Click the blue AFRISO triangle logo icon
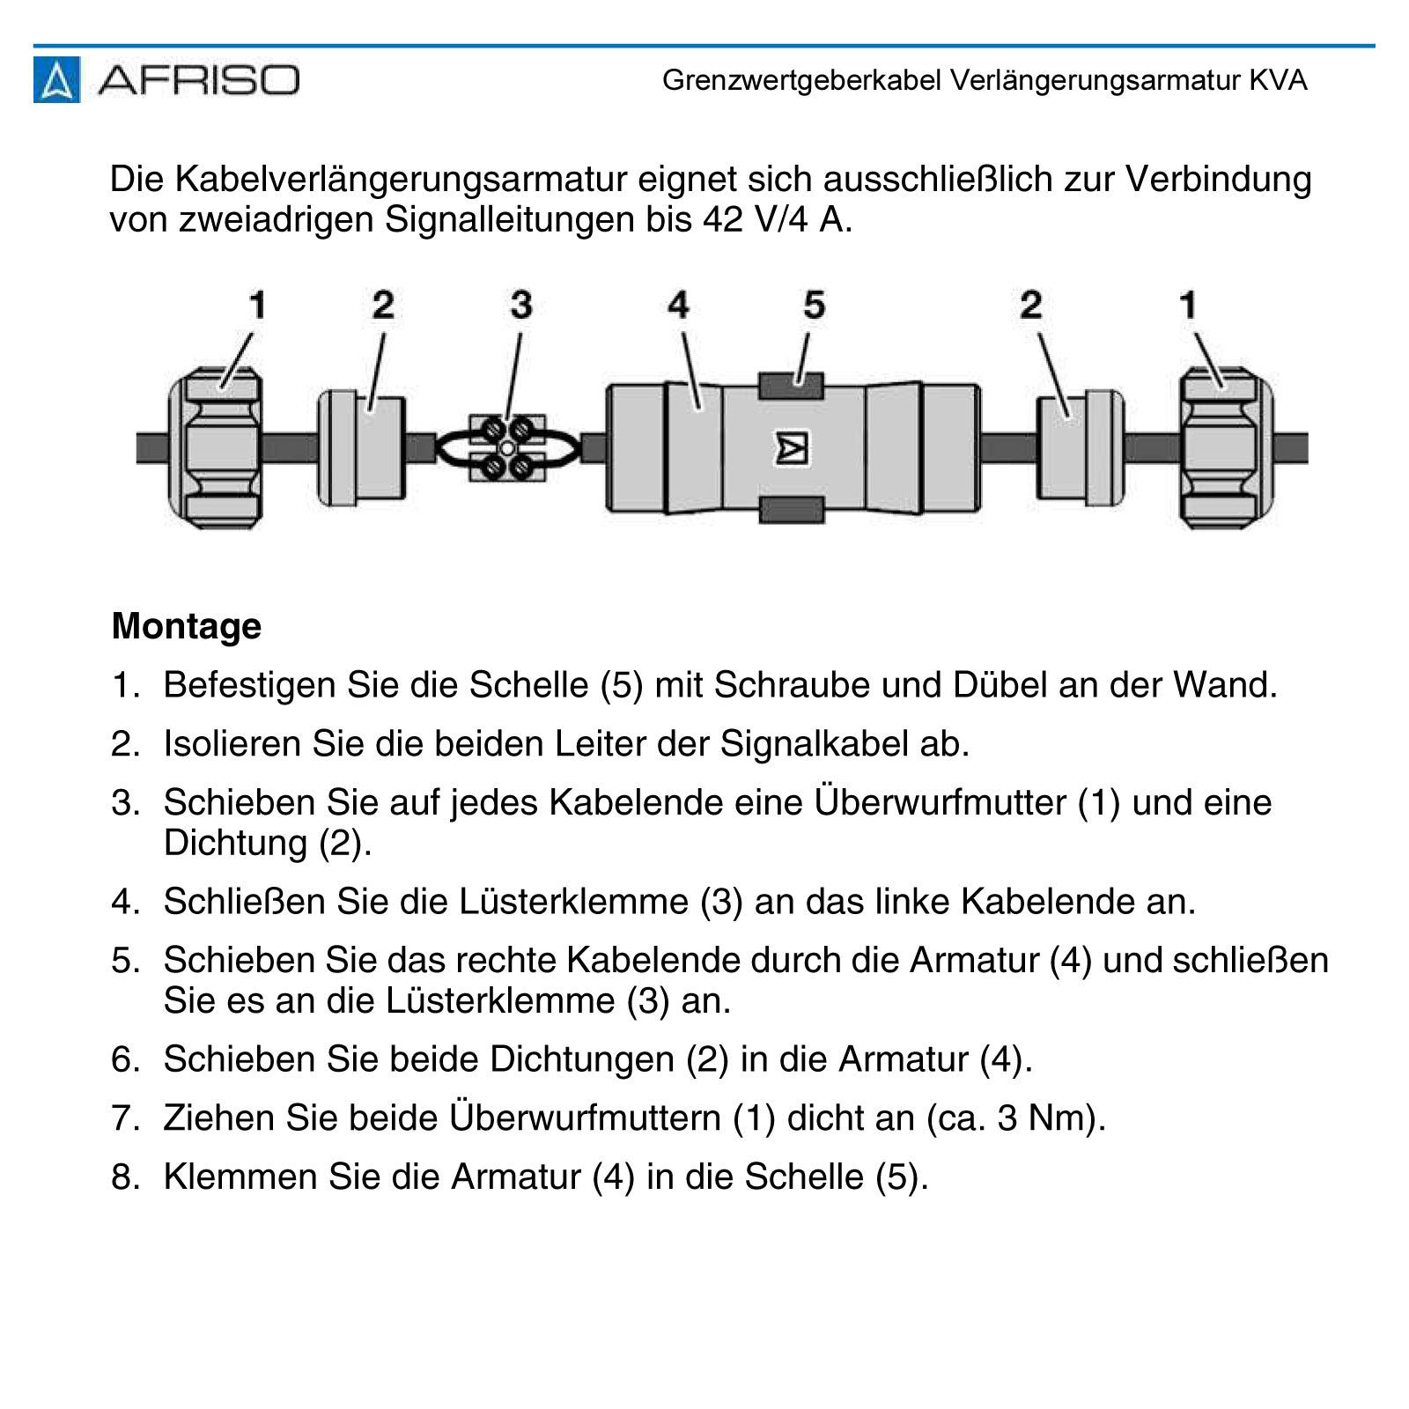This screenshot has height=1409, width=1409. click(x=56, y=80)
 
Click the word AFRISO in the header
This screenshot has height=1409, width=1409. click(x=199, y=80)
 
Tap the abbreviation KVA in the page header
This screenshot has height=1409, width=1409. click(x=1278, y=81)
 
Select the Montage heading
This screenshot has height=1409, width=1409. click(x=187, y=626)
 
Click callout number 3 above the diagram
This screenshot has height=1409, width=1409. click(x=521, y=306)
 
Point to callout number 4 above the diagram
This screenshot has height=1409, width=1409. click(x=677, y=306)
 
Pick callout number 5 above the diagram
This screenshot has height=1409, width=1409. click(x=814, y=306)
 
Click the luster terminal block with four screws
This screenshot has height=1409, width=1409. click(x=507, y=448)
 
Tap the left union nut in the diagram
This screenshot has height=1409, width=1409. click(x=215, y=448)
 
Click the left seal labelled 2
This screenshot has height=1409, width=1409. click(x=362, y=448)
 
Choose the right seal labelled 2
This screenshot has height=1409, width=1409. click(x=1080, y=448)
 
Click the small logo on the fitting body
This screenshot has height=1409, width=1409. click(x=792, y=448)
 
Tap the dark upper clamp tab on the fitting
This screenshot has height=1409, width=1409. click(x=791, y=386)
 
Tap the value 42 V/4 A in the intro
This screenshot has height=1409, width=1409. click(x=777, y=219)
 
